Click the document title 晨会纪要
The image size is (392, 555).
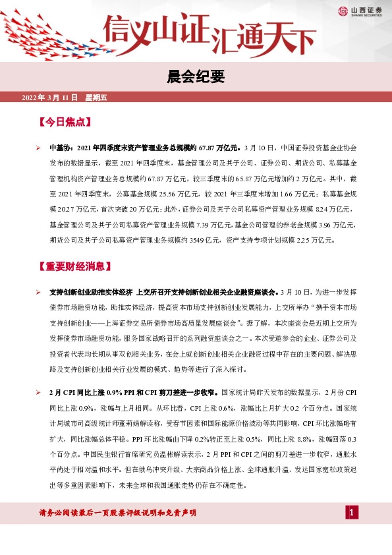click(196, 78)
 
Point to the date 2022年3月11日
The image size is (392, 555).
click(50, 98)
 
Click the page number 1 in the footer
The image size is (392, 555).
click(352, 513)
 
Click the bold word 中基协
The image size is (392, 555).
click(60, 148)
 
